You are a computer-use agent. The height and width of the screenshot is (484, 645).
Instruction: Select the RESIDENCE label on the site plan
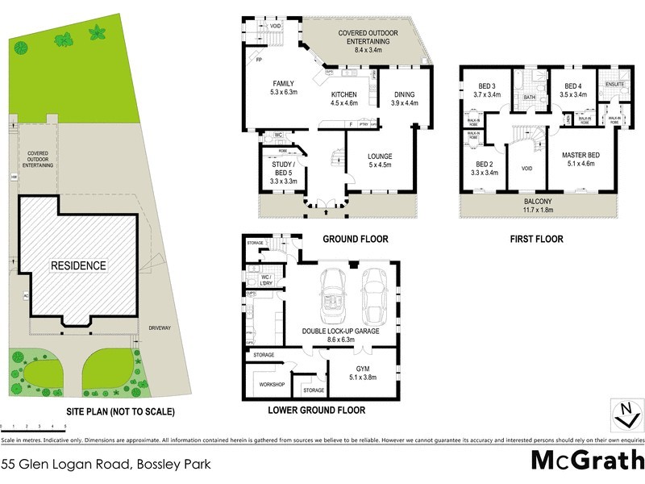pyautogui.click(x=78, y=265)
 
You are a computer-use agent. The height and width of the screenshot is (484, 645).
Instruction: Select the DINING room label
pyautogui.click(x=405, y=98)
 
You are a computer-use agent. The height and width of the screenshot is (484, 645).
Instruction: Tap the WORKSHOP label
pyautogui.click(x=272, y=384)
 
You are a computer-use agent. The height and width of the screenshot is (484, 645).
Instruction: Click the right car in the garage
pyautogui.click(x=374, y=294)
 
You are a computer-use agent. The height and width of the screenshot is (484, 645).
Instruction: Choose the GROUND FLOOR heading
pyautogui.click(x=355, y=239)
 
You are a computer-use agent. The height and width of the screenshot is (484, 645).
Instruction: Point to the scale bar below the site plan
pyautogui.click(x=32, y=425)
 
